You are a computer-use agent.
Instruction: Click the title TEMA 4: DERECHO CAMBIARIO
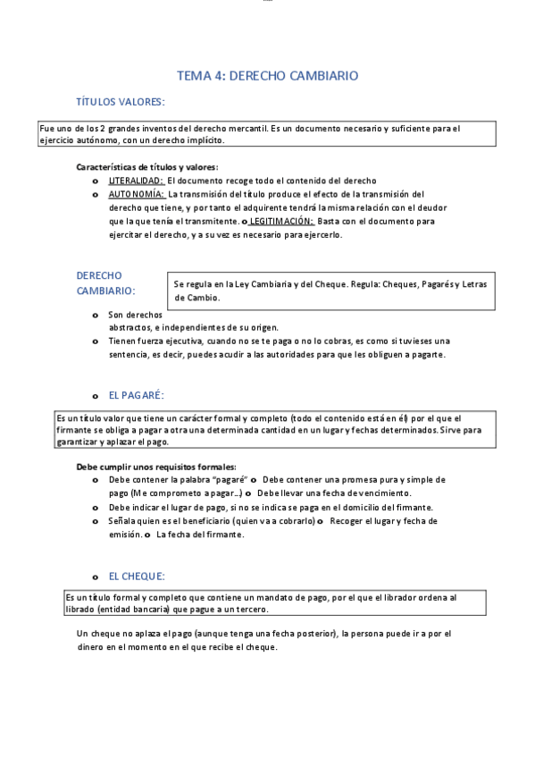click(267, 76)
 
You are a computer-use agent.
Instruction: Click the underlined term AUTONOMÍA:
click(137, 194)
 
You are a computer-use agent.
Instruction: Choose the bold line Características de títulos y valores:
click(147, 167)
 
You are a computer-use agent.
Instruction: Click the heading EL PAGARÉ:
click(136, 395)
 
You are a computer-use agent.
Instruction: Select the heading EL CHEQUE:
click(136, 577)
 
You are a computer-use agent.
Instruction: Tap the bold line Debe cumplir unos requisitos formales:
click(156, 467)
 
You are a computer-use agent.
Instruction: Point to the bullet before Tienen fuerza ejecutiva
click(96, 341)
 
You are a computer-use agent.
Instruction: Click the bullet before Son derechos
click(96, 316)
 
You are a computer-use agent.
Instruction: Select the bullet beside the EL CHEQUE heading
click(96, 577)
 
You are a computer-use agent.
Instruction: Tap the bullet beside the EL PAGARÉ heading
click(96, 396)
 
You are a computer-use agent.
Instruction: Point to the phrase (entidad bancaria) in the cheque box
click(137, 610)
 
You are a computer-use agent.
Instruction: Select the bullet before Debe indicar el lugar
click(96, 508)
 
